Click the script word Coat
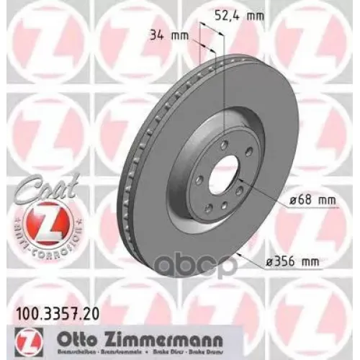click(x=29, y=183)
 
